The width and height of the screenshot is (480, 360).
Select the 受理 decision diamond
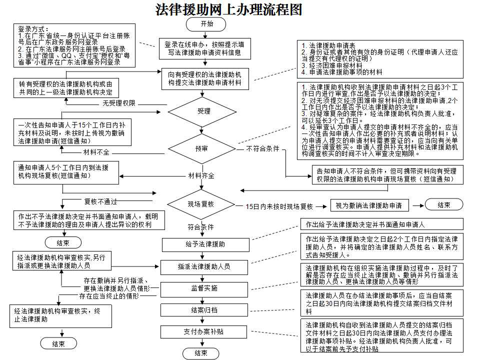204,111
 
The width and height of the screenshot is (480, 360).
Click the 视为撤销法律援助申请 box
368,205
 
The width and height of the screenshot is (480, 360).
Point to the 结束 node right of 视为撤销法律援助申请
443,205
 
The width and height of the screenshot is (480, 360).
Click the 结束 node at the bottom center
200,353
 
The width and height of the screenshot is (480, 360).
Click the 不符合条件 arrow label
262,148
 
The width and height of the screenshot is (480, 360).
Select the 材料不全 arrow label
96,151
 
